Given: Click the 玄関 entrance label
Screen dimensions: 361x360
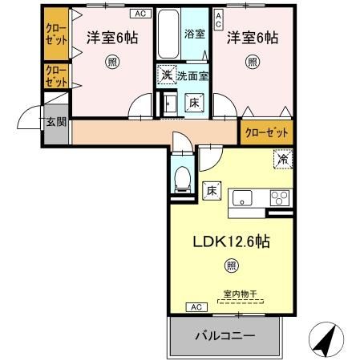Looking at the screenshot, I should tap(55, 121).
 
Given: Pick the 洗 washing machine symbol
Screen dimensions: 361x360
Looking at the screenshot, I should tap(164, 75).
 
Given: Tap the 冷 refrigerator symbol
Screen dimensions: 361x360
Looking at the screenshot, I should tap(282, 160).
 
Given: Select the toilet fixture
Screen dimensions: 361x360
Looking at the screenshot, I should tap(181, 178).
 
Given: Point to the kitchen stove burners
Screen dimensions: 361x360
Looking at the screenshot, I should tap(279, 198).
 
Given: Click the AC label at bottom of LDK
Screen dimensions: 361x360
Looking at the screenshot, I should tap(195, 307).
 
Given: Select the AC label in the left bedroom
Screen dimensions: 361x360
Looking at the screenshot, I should tap(140, 13).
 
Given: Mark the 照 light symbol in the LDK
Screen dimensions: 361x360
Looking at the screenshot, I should tap(231, 266).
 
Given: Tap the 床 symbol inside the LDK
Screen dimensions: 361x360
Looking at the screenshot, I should tap(212, 190).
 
